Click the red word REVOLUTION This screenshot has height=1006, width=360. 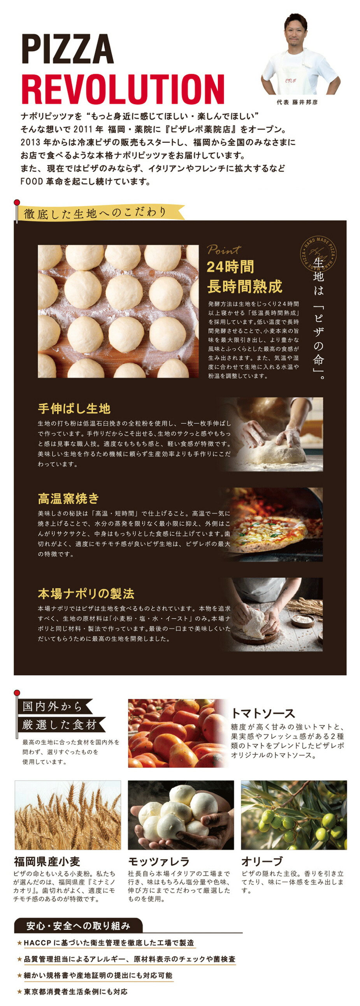[123, 90]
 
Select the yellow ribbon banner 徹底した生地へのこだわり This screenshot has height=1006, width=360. [96, 213]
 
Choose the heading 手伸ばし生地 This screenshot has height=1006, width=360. [74, 409]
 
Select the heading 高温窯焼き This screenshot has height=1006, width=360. [68, 498]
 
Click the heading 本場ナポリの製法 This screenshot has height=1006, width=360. [86, 593]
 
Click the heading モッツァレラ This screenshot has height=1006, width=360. [158, 861]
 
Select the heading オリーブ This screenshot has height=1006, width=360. [262, 861]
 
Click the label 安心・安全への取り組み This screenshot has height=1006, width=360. [78, 925]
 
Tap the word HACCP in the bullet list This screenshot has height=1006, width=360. [37, 943]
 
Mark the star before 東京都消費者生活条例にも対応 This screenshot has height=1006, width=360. [19, 992]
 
